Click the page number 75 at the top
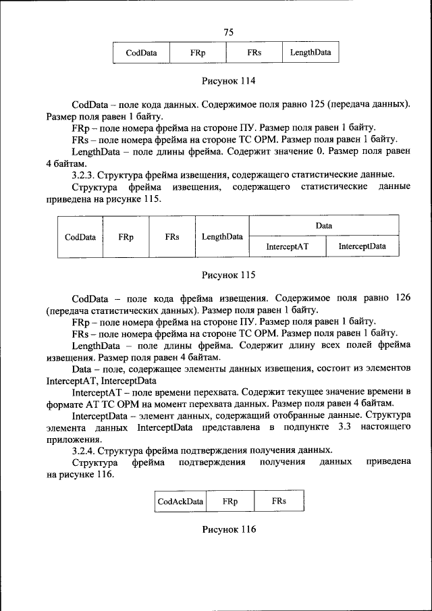click(228, 32)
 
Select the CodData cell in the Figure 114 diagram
click(141, 53)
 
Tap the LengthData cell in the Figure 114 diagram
click(310, 53)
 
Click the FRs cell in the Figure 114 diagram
click(254, 53)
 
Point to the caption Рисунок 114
click(229, 82)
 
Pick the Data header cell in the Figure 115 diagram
click(324, 225)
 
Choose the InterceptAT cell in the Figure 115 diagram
click(287, 246)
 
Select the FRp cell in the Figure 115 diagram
click(126, 237)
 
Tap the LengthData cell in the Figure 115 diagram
click(222, 237)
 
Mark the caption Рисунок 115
click(229, 275)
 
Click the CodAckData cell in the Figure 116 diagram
click(180, 501)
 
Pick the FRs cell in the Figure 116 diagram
click(279, 501)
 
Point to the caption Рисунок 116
click(229, 529)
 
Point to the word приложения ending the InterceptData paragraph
click(74, 439)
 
